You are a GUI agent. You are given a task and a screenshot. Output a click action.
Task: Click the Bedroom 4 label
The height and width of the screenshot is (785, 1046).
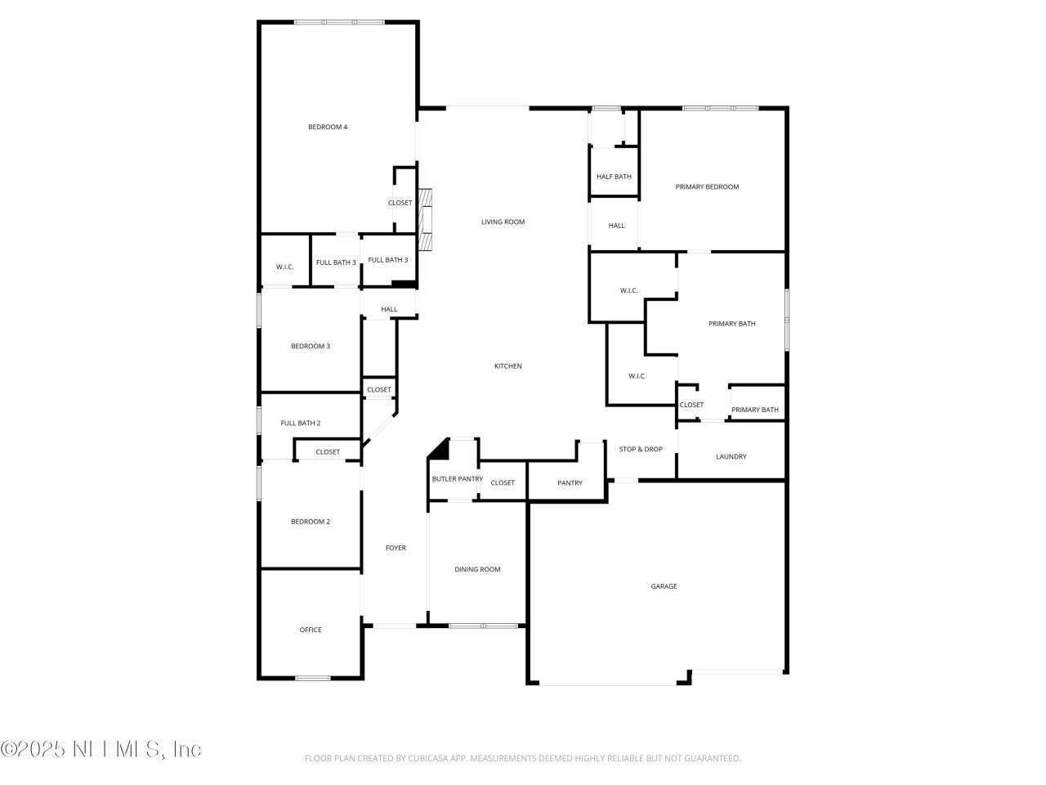pyautogui.click(x=328, y=127)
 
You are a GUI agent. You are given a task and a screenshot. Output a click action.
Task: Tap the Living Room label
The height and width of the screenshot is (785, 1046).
pyautogui.click(x=503, y=222)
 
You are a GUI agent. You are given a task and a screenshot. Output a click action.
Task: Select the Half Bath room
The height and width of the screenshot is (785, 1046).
pyautogui.click(x=614, y=172)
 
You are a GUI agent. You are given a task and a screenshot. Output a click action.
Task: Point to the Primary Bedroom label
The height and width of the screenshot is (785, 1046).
pyautogui.click(x=707, y=186)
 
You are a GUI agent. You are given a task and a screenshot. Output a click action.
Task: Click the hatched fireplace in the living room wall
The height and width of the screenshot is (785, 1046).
pyautogui.click(x=425, y=220)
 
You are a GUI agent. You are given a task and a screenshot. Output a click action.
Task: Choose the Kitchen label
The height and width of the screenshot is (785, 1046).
pyautogui.click(x=508, y=366)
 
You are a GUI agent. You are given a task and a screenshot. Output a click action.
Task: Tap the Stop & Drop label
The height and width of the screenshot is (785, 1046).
pyautogui.click(x=641, y=449)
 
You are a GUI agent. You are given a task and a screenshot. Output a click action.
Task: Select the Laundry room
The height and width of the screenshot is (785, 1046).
pyautogui.click(x=731, y=451)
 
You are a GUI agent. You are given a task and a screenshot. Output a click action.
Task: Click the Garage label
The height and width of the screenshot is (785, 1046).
pyautogui.click(x=664, y=586)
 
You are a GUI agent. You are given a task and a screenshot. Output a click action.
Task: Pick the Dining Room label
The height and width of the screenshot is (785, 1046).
pyautogui.click(x=477, y=569)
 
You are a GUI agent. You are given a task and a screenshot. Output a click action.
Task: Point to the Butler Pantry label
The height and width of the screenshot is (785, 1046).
pyautogui.click(x=457, y=478)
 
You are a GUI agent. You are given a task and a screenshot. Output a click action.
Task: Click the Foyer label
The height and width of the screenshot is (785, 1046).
pyautogui.click(x=396, y=548)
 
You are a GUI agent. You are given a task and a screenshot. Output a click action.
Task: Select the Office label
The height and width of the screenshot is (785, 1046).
pyautogui.click(x=311, y=630)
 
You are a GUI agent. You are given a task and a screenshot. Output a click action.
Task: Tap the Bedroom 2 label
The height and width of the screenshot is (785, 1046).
pyautogui.click(x=311, y=522)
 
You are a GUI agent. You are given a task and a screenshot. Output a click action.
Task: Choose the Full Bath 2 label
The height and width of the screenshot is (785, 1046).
pyautogui.click(x=300, y=423)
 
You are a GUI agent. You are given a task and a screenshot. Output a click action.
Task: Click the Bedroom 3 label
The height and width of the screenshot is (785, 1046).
pyautogui.click(x=311, y=346)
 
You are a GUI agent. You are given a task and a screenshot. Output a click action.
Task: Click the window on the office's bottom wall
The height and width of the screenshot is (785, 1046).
pyautogui.click(x=313, y=678)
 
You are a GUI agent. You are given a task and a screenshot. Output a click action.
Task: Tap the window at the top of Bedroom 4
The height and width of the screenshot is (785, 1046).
pyautogui.click(x=339, y=22)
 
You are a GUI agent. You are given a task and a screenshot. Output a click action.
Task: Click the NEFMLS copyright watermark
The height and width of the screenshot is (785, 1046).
pyautogui.click(x=101, y=749)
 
